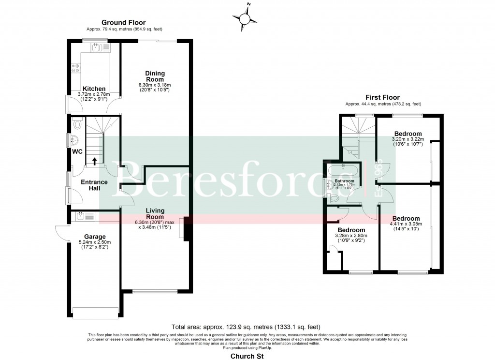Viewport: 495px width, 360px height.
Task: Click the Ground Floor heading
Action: tap(123, 23)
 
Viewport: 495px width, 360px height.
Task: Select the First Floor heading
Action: tap(383, 97)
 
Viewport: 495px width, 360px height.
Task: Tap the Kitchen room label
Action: tap(94, 89)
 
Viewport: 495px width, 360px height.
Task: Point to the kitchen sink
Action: tap(99, 47)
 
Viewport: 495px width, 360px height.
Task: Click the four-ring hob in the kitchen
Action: tap(75, 69)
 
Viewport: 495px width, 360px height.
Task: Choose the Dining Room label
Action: tap(155, 76)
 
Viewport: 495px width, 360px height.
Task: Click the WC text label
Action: tap(76, 151)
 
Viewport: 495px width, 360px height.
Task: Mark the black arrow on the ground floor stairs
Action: tap(95, 161)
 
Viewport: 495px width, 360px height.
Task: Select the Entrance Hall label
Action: tap(94, 185)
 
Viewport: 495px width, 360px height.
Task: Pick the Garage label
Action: tap(94, 237)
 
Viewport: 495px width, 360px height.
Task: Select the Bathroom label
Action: tap(345, 181)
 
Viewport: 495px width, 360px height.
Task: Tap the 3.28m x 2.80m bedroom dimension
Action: tap(351, 236)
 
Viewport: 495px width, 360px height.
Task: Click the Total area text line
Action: tap(246, 327)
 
